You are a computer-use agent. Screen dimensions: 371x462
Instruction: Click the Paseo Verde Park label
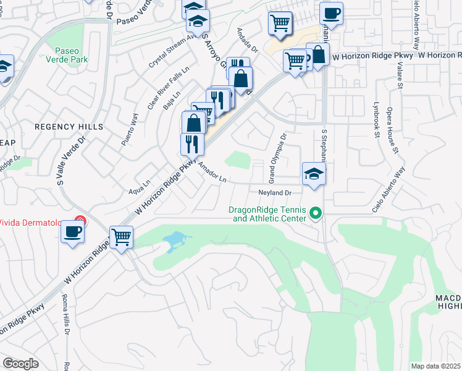click(71, 55)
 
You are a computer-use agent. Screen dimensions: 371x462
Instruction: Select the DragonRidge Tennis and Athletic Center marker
click(316, 213)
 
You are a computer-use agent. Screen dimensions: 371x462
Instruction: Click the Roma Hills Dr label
click(66, 317)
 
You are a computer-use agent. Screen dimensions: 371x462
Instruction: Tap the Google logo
click(20, 364)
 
